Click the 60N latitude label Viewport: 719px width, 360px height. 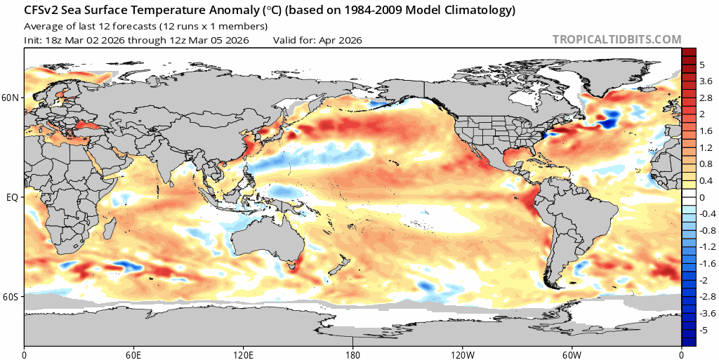pyautogui.click(x=11, y=98)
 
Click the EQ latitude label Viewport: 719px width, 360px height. pyautogui.click(x=12, y=198)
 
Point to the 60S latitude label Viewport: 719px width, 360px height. pyautogui.click(x=11, y=298)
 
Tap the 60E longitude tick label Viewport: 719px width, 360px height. pyautogui.click(x=133, y=353)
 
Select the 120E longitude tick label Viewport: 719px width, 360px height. pyautogui.click(x=243, y=353)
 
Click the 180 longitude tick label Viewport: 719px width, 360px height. pyautogui.click(x=352, y=353)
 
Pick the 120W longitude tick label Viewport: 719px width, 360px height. pyautogui.click(x=462, y=353)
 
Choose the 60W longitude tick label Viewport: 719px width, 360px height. pyautogui.click(x=572, y=353)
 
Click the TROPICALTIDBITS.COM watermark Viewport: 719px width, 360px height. pyautogui.click(x=616, y=40)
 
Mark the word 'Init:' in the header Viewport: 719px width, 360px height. pyautogui.click(x=34, y=40)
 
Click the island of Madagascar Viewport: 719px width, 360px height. pyautogui.click(x=110, y=230)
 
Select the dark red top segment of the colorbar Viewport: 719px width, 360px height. pyautogui.click(x=689, y=53)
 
